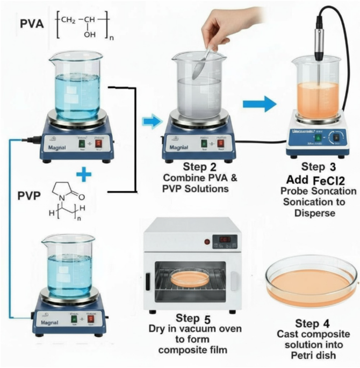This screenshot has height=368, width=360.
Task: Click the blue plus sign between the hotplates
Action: coord(81,175)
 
